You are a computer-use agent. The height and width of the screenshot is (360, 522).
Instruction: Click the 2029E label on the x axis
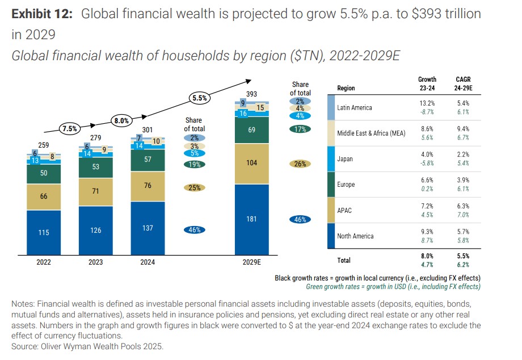tap(252, 262)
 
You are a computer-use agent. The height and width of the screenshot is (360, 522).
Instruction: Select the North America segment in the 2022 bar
tap(43, 232)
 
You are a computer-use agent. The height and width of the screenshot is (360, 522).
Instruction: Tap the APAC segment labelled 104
tap(252, 163)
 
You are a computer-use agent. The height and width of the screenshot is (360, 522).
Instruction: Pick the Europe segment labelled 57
tap(148, 160)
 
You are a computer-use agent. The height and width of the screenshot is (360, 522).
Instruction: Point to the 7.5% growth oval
tap(69, 128)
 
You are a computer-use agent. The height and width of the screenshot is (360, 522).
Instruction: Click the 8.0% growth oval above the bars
tap(122, 120)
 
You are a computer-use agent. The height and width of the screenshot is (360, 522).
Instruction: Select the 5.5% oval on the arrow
tap(199, 98)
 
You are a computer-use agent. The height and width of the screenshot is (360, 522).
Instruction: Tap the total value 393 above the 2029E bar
tap(252, 94)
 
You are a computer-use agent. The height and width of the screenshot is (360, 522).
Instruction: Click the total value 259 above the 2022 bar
tap(43, 145)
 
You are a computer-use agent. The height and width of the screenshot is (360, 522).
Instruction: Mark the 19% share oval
tap(194, 165)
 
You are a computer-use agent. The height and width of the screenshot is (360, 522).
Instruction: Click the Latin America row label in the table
tap(354, 108)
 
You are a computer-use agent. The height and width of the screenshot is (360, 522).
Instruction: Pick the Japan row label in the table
tap(345, 159)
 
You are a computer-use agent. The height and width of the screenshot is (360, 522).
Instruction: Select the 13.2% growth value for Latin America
tap(427, 103)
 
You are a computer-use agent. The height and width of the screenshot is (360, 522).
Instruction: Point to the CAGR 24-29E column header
tap(463, 84)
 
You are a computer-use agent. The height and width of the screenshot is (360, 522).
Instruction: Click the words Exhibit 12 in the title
tap(42, 14)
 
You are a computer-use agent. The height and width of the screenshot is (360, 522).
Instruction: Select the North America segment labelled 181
tap(252, 219)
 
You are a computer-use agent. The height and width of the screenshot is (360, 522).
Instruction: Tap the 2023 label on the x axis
tap(95, 262)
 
